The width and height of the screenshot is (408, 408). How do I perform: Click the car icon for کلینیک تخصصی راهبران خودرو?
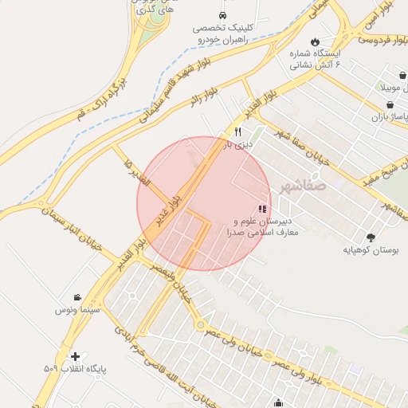point(222,15)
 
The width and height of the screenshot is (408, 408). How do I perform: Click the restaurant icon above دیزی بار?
point(237,132)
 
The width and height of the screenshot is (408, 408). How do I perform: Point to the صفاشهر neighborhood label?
point(304,188)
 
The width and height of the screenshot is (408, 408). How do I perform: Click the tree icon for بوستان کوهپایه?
point(371,237)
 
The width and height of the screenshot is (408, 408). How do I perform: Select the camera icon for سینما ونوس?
point(76,296)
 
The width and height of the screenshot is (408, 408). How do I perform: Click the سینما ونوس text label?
point(76,309)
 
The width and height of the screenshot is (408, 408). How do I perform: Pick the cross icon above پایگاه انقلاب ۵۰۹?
point(75,356)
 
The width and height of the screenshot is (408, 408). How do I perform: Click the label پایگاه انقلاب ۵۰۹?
point(75,370)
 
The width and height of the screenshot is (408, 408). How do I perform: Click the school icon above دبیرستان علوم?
point(263,209)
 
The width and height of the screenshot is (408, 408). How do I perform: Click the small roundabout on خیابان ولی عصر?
point(199,324)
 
